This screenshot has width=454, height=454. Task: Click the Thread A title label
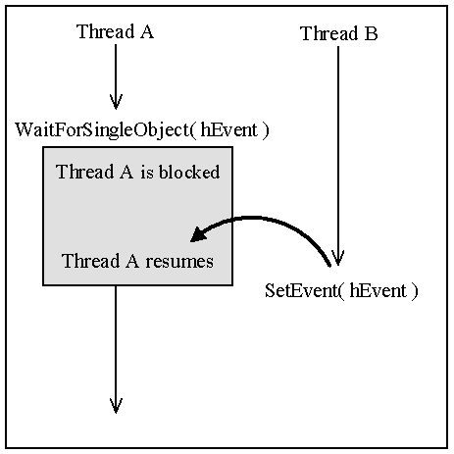[x=115, y=31]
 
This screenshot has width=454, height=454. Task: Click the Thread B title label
[x=339, y=33]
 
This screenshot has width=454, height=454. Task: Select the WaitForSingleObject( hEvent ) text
[x=142, y=130]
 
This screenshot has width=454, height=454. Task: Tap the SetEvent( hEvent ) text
[x=341, y=290]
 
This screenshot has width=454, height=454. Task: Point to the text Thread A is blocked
[x=138, y=172]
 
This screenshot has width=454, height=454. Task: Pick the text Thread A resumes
[x=137, y=261]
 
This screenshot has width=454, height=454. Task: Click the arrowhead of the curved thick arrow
[x=198, y=234]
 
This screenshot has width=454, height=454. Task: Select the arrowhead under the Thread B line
[x=338, y=258]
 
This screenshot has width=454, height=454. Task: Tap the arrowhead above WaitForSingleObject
[x=116, y=102]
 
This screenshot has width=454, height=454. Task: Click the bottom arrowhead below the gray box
[x=116, y=406]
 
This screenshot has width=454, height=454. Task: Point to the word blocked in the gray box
[x=189, y=172]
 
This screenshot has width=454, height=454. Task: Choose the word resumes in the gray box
[x=179, y=262]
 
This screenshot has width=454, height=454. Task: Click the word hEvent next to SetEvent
[x=378, y=290]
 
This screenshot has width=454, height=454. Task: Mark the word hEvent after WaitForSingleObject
[x=228, y=129]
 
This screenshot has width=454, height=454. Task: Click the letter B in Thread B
[x=371, y=33]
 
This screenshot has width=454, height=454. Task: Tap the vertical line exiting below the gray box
[x=116, y=349]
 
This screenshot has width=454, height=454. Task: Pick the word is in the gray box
[x=147, y=173]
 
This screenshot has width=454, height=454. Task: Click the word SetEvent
[x=301, y=290]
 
